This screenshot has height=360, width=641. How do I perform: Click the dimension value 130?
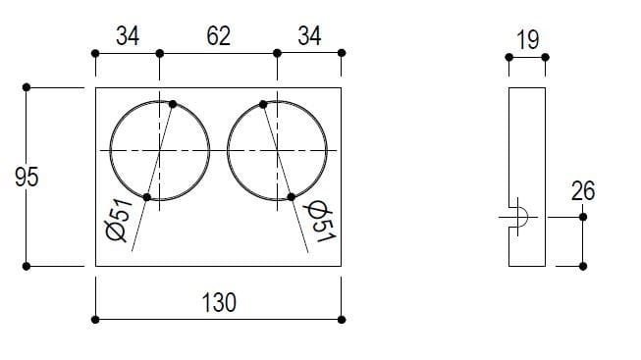coord(218,303)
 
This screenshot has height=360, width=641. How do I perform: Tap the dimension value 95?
coord(27,178)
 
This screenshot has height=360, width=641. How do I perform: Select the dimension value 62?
coord(218,36)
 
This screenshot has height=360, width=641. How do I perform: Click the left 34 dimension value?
coord(128,36)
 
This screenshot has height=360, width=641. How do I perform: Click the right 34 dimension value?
coord(309,36)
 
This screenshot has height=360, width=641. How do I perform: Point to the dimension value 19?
coord(527,40)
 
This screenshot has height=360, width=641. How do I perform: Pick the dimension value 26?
coord(583,190)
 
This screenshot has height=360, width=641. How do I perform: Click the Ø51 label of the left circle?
coord(119,222)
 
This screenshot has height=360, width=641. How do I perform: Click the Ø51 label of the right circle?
coord(317,222)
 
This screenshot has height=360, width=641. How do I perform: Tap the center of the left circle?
coord(159,150)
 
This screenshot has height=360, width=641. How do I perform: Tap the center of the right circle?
coord(277,150)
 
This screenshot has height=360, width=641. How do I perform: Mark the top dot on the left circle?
coord(173,103)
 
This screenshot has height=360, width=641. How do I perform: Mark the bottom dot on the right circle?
coord(292,197)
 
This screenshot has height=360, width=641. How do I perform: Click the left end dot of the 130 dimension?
coord(95,319)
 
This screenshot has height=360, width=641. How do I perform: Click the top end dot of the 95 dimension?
coord(27,87)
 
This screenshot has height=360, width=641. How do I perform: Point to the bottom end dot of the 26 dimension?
coord(583,266)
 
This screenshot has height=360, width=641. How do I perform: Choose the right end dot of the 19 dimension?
coord(545,58)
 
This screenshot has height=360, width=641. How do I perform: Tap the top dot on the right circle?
coord(264,103)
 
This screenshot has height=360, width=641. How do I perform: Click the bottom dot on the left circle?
coord(147,197)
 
